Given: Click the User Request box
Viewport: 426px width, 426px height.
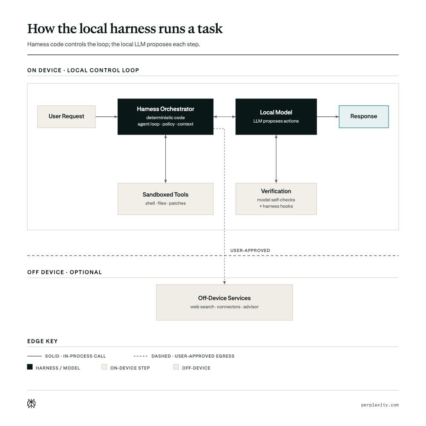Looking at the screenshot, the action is (66, 117).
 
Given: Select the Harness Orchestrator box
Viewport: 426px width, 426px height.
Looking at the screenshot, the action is (165, 117).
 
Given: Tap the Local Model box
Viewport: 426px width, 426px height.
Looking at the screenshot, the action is (276, 117).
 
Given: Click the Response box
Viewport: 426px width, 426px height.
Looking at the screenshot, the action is (364, 117).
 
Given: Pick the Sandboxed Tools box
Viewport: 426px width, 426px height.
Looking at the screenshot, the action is (165, 199).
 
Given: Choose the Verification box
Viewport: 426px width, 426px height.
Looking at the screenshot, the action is (276, 199).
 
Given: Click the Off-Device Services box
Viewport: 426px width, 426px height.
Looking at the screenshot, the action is (225, 302).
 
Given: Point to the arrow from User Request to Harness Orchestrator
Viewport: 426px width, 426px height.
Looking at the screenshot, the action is (107, 117).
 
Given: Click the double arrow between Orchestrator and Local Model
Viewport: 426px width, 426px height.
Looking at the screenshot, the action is (225, 117).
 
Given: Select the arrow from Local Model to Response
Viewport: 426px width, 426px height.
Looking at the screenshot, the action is (328, 117).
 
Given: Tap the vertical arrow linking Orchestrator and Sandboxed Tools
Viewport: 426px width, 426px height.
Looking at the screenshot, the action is (165, 159).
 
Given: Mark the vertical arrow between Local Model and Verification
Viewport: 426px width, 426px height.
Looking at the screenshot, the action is (276, 159).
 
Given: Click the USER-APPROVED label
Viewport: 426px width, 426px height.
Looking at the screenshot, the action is (250, 250).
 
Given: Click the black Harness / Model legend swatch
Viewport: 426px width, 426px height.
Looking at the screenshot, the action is (30, 367).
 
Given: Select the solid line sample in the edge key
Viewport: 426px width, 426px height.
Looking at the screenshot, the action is (35, 356).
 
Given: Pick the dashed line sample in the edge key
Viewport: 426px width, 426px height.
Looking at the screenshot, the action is (141, 356).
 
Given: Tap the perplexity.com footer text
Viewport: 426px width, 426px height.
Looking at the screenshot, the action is (380, 405).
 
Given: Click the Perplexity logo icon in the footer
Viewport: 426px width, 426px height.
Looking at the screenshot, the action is (31, 403).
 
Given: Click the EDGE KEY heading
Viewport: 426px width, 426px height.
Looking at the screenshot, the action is (42, 341).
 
